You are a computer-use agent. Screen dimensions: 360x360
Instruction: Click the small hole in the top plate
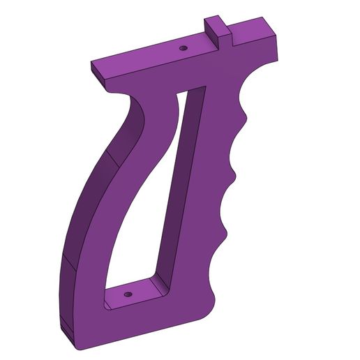click(183, 48)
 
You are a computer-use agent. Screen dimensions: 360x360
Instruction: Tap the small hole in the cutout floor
click(130, 294)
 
